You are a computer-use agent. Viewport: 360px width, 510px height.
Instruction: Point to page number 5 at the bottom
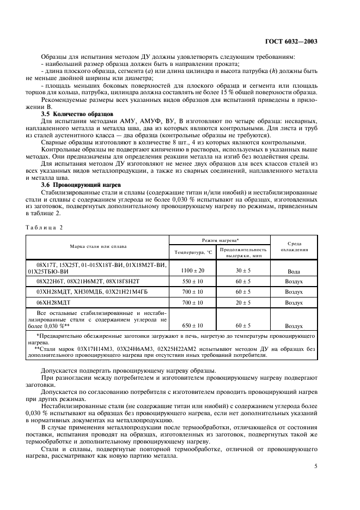[x=316, y=466]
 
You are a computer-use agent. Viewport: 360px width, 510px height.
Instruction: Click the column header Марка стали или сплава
[x=97, y=246]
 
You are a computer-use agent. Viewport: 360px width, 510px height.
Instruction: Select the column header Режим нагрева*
[x=219, y=240]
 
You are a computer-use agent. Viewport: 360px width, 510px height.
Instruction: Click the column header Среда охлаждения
[x=294, y=246]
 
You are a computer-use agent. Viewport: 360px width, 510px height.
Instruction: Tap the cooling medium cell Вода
[x=294, y=271]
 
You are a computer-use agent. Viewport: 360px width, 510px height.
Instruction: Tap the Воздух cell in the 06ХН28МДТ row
[x=294, y=302]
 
